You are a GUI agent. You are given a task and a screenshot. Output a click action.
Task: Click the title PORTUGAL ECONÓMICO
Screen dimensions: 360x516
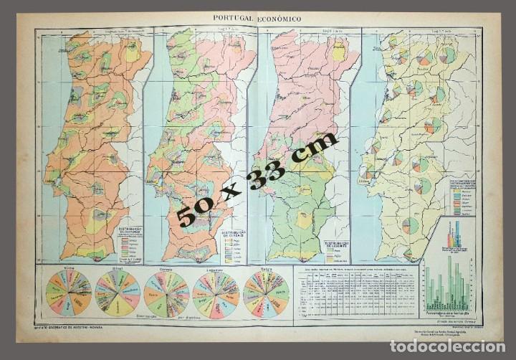[x=257, y=19]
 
